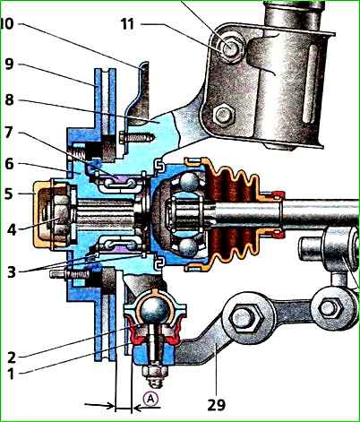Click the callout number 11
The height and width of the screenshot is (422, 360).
(127, 24)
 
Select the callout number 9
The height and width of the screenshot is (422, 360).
(9, 65)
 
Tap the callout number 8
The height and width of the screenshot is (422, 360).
(9, 100)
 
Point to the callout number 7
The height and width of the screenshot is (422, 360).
(9, 133)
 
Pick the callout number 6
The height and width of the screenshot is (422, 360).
(9, 164)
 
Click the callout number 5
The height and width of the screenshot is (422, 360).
(9, 194)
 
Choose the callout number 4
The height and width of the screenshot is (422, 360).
(12, 230)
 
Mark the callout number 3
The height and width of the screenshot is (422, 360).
(12, 271)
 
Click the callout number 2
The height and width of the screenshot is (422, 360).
(12, 357)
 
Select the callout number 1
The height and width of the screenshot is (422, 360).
(11, 375)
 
